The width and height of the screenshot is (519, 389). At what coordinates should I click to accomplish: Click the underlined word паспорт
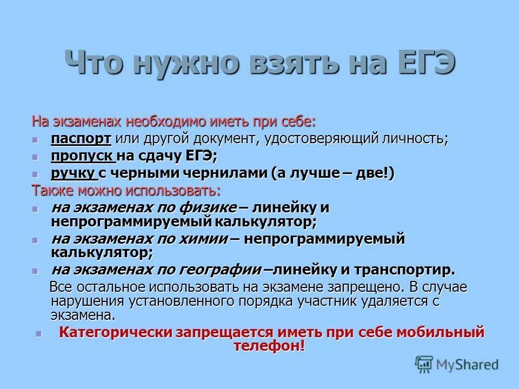pyautogui.click(x=81, y=138)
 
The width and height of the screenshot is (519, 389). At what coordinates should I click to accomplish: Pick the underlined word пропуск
pyautogui.click(x=82, y=156)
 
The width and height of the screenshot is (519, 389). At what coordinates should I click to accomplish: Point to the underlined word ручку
pyautogui.click(x=74, y=173)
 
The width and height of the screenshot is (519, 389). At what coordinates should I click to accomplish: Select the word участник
pyautogui.click(x=339, y=301)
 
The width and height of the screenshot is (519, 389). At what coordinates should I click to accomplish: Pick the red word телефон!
pyautogui.click(x=270, y=346)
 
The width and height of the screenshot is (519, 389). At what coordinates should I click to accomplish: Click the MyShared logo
pyautogui.click(x=457, y=365)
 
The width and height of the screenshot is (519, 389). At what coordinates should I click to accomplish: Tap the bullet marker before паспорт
pyautogui.click(x=36, y=139)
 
